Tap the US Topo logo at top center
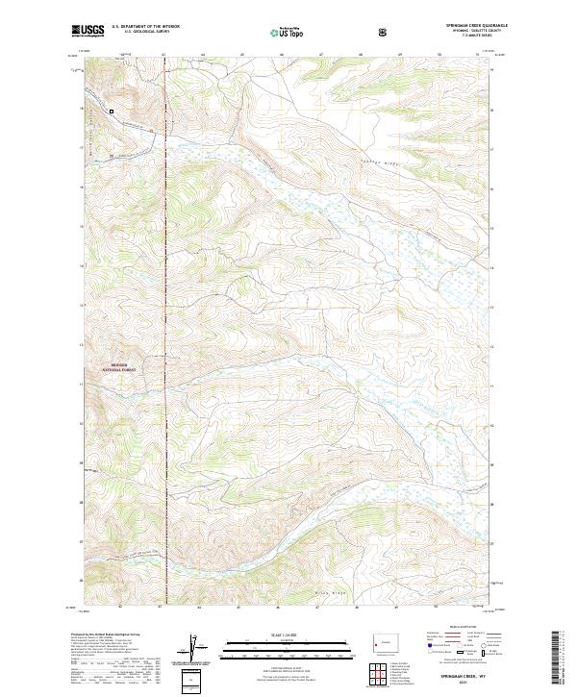[289, 32]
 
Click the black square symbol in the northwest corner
[112, 112]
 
